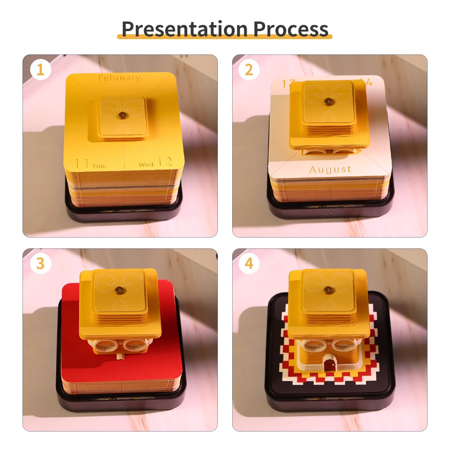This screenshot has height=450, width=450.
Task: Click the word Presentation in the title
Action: tap(184, 29)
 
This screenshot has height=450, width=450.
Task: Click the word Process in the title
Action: tap(291, 29)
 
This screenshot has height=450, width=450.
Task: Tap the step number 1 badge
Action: tap(40, 70)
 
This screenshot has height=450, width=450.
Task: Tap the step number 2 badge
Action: tap(249, 70)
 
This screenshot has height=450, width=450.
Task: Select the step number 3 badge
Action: tap(40, 264)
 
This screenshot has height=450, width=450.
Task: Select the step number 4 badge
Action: tap(249, 264)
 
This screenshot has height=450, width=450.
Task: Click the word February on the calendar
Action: tap(119, 78)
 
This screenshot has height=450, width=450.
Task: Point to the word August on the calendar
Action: tap(330, 170)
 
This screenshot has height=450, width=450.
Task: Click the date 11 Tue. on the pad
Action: tap(90, 164)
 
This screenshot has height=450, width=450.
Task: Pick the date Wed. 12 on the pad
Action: tap(155, 162)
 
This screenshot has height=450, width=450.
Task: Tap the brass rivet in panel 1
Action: tap(121, 116)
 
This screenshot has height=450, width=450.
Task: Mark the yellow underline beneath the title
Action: tap(225, 37)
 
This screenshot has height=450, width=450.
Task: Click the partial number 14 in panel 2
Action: tap(367, 83)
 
